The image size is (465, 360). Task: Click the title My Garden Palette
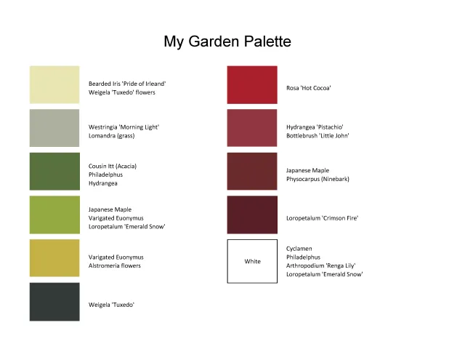click(227, 41)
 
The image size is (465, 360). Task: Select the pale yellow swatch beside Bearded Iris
click(54, 84)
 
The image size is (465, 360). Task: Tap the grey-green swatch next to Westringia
click(54, 128)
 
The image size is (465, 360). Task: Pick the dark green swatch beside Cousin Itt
click(54, 172)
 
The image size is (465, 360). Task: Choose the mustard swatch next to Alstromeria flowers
click(54, 258)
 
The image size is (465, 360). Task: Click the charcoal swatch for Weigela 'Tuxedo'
click(54, 302)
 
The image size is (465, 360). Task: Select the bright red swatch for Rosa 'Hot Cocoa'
click(252, 84)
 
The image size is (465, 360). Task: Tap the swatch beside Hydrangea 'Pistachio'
click(252, 128)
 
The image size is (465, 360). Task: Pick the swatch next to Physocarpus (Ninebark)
click(252, 172)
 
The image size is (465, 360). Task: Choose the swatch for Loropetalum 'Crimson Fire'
click(252, 215)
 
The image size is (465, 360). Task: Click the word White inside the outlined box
click(252, 261)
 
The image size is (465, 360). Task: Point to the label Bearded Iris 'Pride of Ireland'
click(127, 84)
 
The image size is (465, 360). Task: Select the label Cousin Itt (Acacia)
click(113, 166)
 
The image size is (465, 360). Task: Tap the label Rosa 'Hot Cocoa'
click(309, 88)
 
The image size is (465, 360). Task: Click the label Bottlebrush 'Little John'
click(318, 136)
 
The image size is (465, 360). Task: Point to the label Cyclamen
click(299, 249)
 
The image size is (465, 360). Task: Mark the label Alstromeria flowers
click(115, 266)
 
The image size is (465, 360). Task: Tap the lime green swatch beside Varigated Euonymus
click(54, 215)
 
